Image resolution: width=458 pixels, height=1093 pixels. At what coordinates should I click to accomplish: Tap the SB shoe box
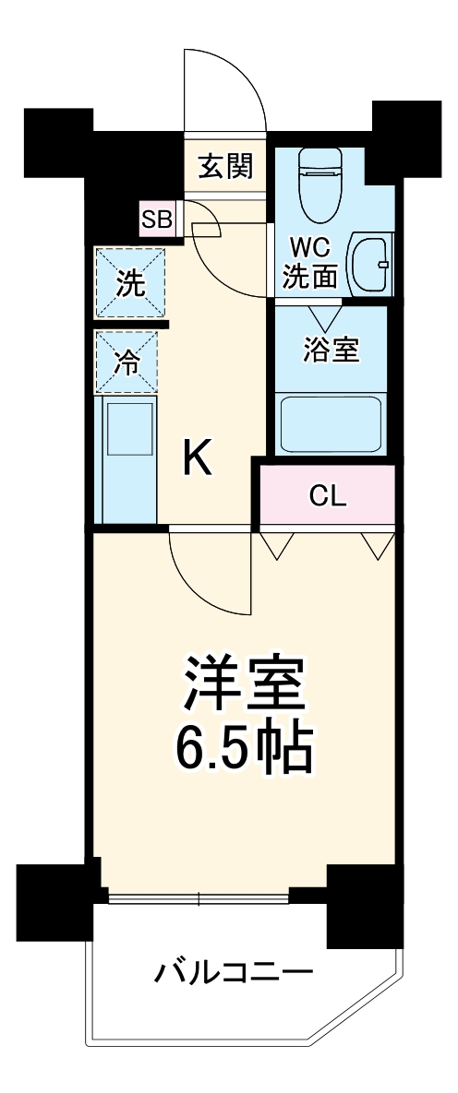[x=156, y=219]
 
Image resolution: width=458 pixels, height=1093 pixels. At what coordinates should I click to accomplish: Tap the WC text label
[x=310, y=248]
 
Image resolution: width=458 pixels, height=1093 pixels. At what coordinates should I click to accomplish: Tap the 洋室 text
[x=244, y=683]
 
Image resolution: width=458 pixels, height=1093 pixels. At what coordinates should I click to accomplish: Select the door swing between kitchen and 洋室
[x=208, y=576]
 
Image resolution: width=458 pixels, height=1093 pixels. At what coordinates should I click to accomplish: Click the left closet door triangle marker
[x=274, y=545]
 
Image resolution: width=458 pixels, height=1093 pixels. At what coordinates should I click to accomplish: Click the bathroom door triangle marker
[x=324, y=316]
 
